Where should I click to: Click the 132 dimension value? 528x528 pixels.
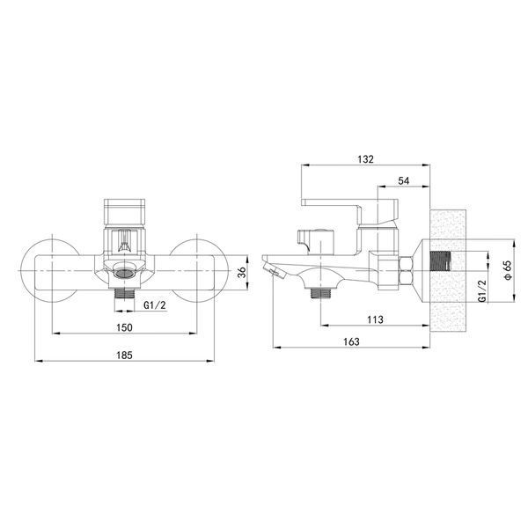(x=366, y=159)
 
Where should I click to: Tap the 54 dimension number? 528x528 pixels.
(x=403, y=180)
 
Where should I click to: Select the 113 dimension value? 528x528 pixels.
(x=375, y=319)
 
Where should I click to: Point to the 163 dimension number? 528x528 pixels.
(x=351, y=341)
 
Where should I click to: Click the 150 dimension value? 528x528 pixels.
(x=124, y=327)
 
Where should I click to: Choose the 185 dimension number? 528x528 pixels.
(x=124, y=356)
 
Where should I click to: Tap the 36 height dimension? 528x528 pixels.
(x=242, y=272)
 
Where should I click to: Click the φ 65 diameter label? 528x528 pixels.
(x=508, y=270)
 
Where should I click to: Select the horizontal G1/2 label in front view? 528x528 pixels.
(x=155, y=305)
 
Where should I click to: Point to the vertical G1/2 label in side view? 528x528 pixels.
(x=482, y=291)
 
